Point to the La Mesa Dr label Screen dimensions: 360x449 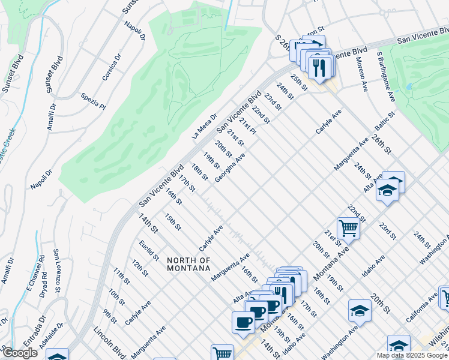click(x=204, y=127)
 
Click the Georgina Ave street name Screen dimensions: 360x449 click(x=231, y=168)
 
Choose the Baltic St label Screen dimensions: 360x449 click(x=385, y=122)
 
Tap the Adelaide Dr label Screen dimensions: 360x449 click(x=56, y=340)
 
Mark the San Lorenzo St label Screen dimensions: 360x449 click(x=58, y=271)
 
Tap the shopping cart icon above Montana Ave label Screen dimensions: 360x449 click(x=348, y=227)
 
